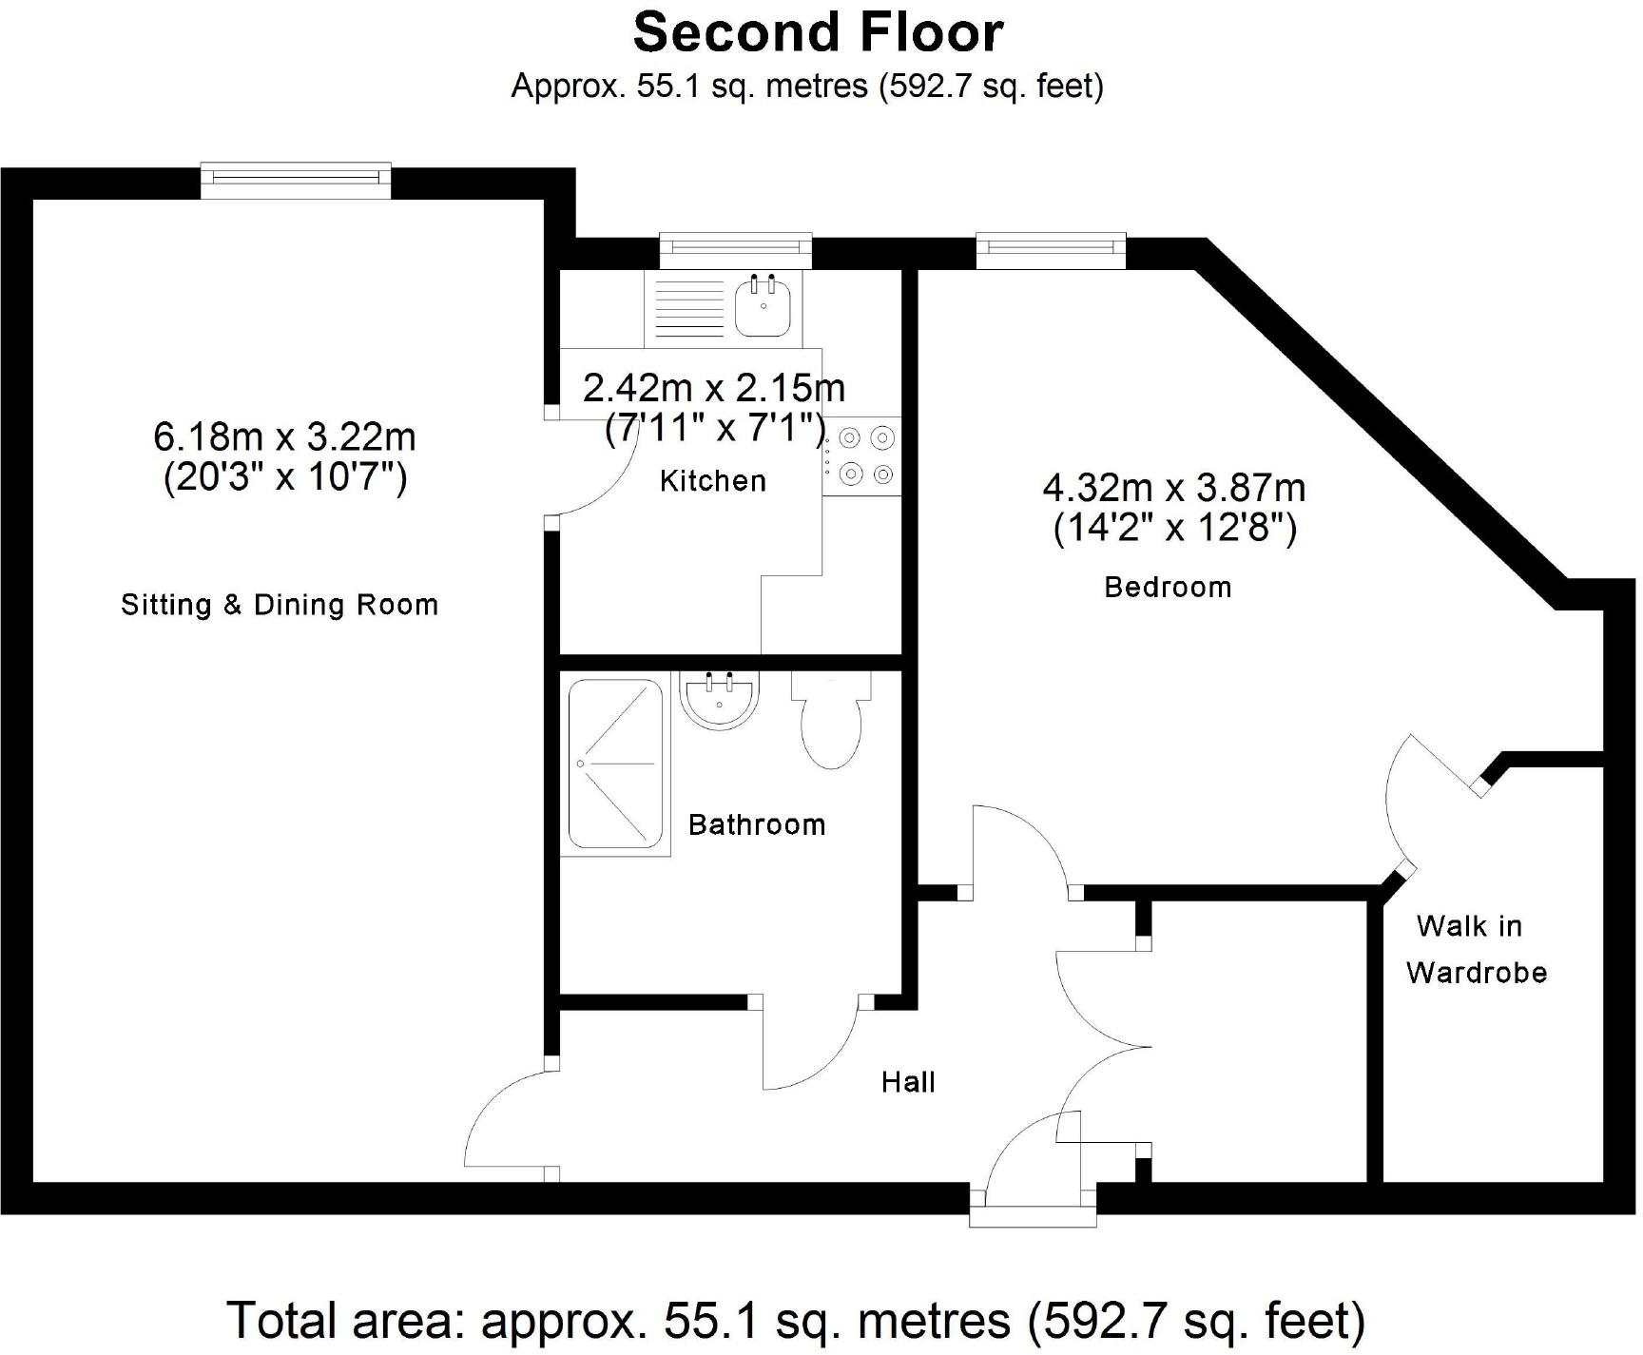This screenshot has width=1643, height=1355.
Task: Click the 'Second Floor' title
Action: click(x=818, y=32)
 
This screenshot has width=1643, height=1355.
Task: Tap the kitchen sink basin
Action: click(x=762, y=306)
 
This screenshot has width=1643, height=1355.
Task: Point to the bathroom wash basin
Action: click(x=719, y=700)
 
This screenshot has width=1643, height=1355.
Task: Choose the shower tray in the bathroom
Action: click(x=615, y=763)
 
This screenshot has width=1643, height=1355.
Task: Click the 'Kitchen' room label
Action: click(x=713, y=481)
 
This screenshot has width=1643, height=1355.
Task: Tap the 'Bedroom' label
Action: click(x=1168, y=587)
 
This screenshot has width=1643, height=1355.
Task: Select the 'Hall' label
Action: click(x=908, y=1081)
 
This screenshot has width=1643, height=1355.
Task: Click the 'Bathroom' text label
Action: click(x=757, y=824)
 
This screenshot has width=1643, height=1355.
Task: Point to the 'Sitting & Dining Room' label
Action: click(x=280, y=605)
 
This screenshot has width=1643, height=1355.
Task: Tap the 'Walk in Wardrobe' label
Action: click(x=1476, y=949)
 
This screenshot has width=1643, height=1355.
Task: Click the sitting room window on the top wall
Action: click(x=296, y=180)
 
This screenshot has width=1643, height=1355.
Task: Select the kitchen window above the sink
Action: click(x=737, y=249)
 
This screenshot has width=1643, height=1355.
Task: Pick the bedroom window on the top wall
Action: click(x=1051, y=249)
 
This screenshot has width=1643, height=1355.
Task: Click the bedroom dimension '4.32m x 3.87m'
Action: click(x=1174, y=488)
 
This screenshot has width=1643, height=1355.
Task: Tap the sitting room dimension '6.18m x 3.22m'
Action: click(x=284, y=436)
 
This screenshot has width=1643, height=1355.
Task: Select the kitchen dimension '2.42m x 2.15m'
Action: click(x=714, y=388)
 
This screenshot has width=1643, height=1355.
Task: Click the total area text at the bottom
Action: click(x=797, y=1320)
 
